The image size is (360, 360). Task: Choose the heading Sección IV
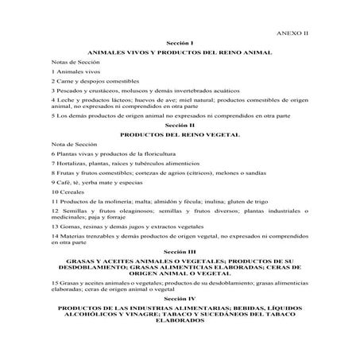coord(180,296)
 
